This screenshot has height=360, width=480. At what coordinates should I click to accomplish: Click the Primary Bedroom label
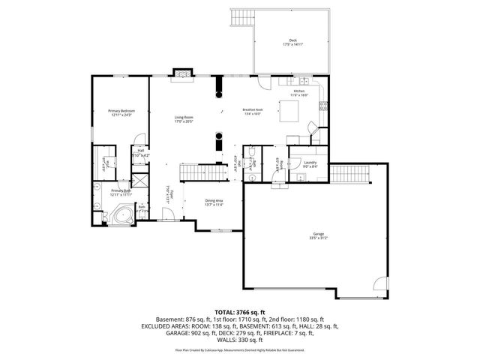click(x=121, y=112)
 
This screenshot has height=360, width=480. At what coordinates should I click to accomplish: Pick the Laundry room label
click(x=310, y=163)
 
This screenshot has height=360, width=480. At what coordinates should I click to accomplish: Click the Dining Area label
click(x=214, y=202)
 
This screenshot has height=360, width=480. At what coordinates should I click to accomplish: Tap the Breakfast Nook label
click(x=252, y=112)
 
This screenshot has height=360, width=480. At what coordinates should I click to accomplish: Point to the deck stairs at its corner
click(x=244, y=18)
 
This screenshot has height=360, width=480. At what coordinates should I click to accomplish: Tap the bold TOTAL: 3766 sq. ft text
click(x=240, y=311)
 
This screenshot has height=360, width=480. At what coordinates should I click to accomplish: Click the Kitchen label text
click(x=299, y=92)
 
